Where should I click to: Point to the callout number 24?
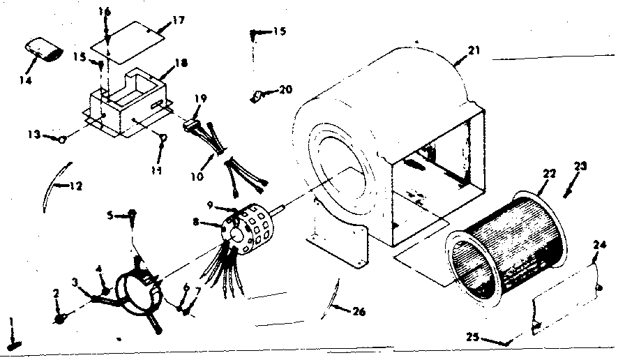coord(601,245)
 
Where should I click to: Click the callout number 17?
coord(178,22)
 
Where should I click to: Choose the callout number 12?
coord(76,186)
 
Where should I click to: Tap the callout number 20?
coord(285,89)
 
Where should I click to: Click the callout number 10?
coord(197,177)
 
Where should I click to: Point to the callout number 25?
coord(473,338)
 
